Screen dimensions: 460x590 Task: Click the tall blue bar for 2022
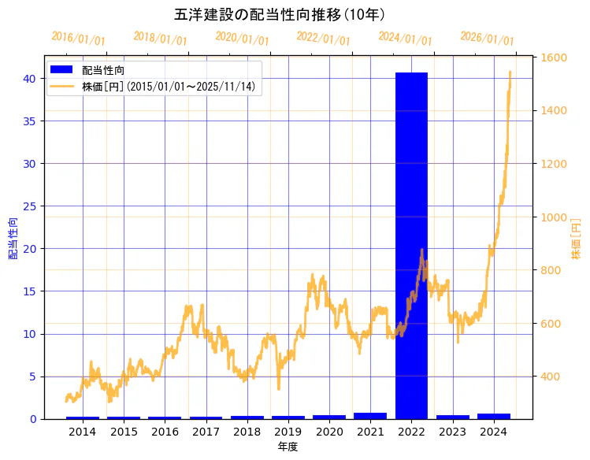411,245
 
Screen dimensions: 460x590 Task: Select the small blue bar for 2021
370,415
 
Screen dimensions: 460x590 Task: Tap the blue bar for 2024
493,415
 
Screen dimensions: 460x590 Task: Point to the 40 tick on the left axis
29,78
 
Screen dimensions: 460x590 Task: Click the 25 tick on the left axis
29,206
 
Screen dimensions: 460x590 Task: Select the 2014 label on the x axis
83,432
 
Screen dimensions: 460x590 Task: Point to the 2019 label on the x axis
288,432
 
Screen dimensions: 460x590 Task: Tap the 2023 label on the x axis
452,432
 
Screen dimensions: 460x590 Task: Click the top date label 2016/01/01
78,39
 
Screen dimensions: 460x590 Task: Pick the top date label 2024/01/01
405,39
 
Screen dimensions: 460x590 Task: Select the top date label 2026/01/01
487,39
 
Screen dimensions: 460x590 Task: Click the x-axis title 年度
288,447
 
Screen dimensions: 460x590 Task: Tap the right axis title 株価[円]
576,239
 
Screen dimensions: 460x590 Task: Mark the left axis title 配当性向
13,239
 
